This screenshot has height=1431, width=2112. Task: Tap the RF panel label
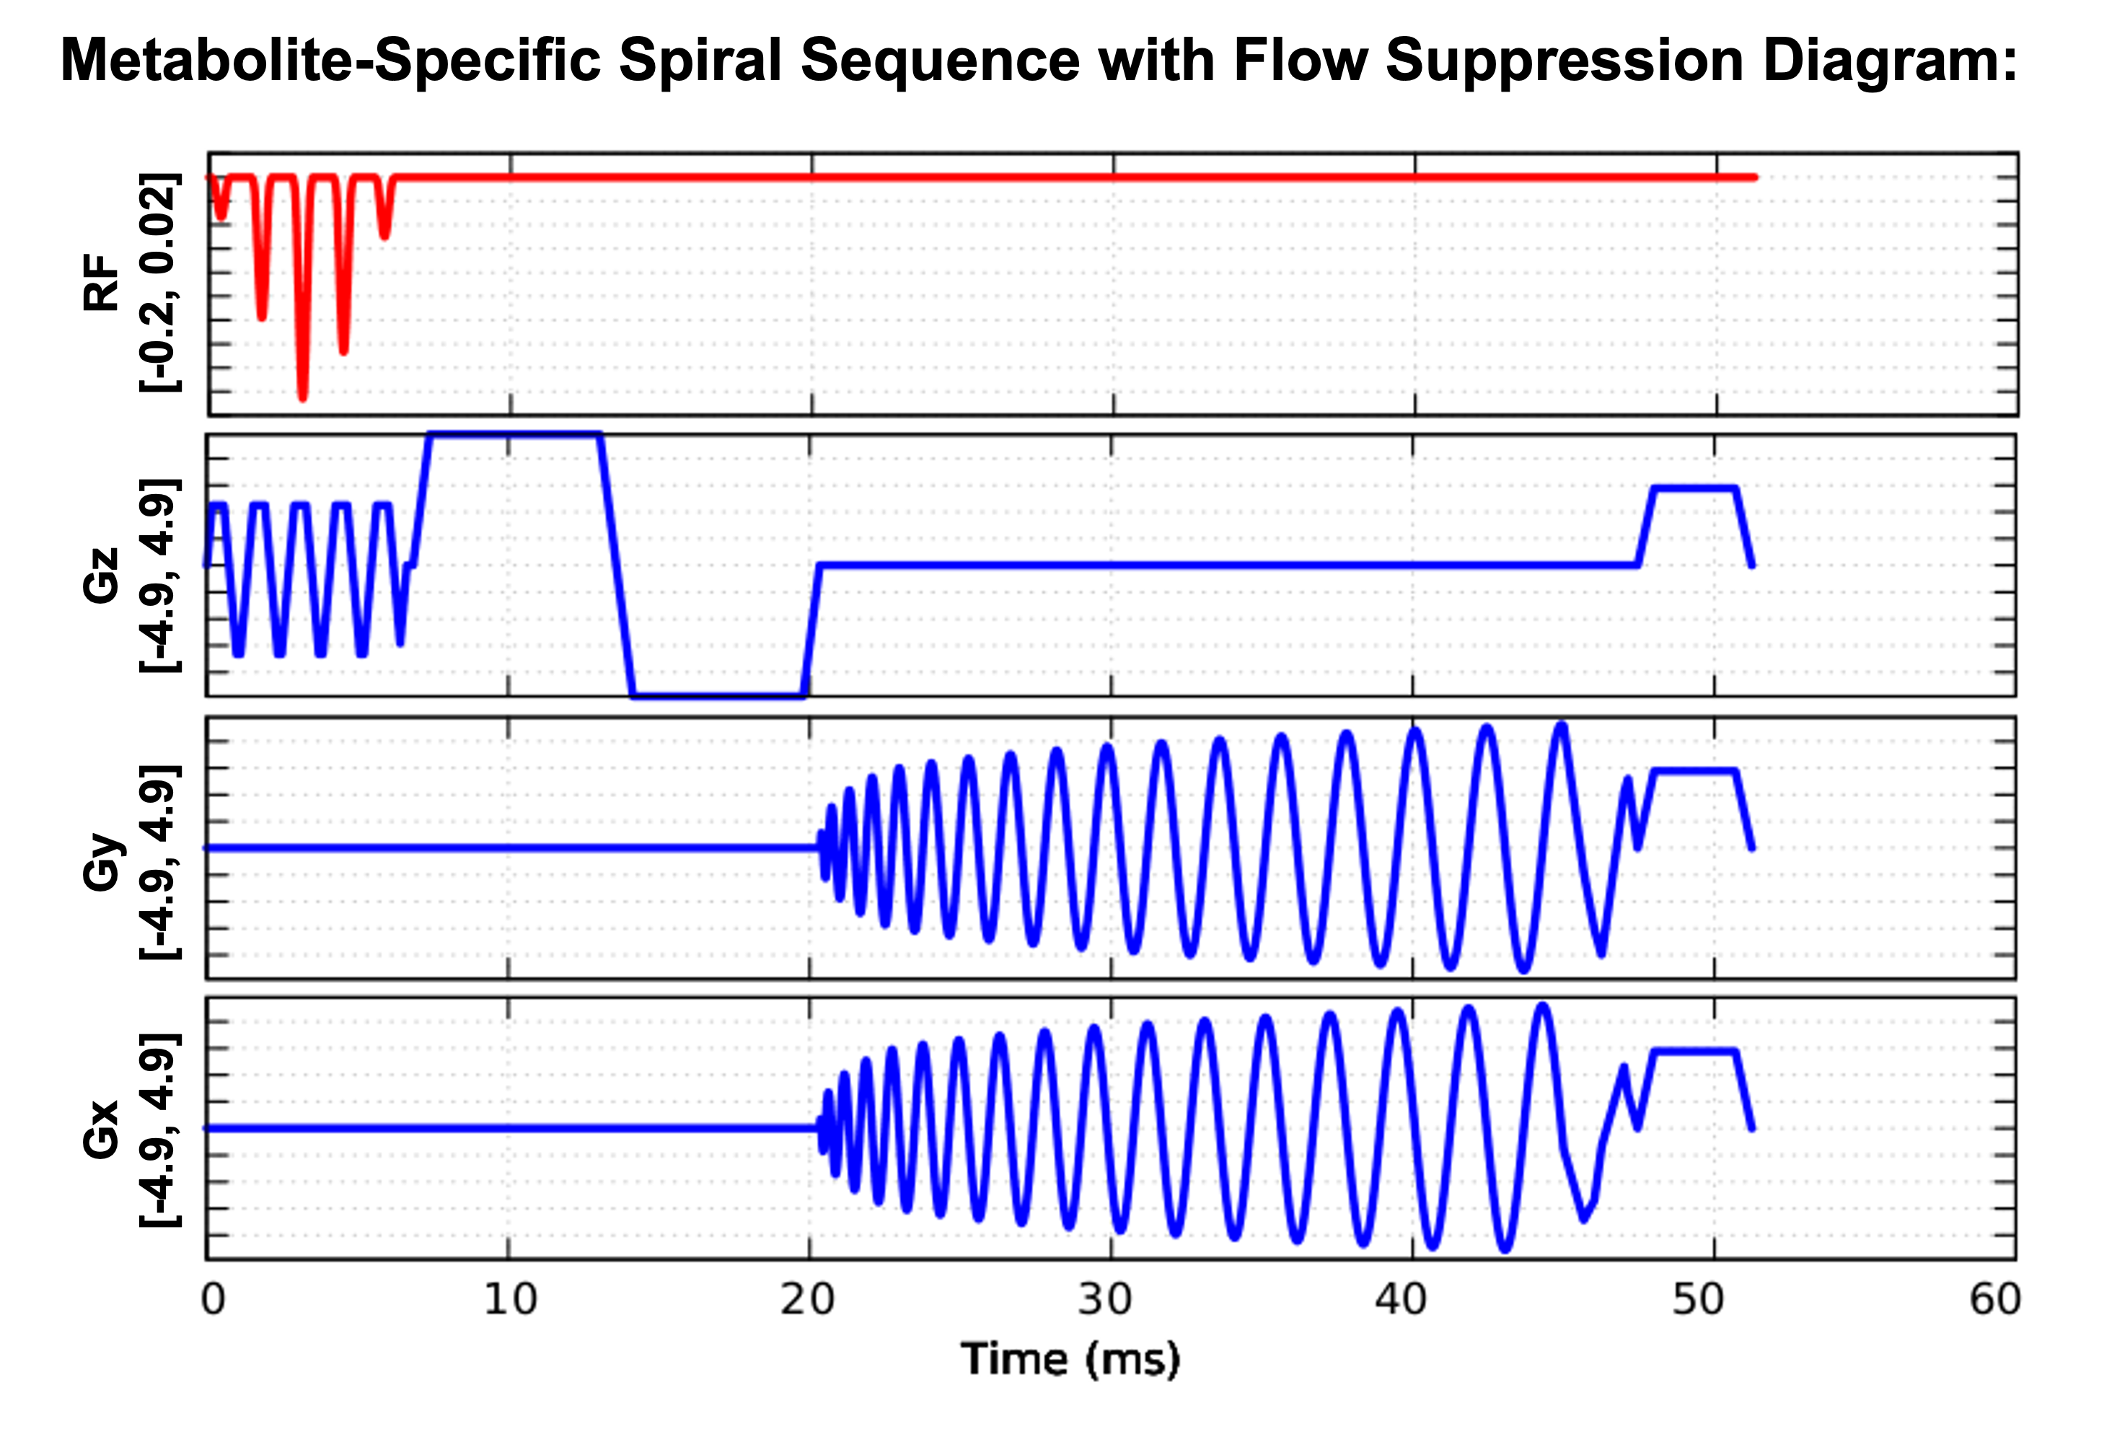(x=101, y=283)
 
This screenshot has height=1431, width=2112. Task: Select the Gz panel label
(x=101, y=575)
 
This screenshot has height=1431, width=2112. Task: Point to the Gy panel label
(x=101, y=861)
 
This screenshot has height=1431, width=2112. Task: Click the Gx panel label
(x=101, y=1130)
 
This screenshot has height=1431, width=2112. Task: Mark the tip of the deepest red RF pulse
(x=303, y=397)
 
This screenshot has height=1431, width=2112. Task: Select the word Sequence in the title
(x=940, y=62)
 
